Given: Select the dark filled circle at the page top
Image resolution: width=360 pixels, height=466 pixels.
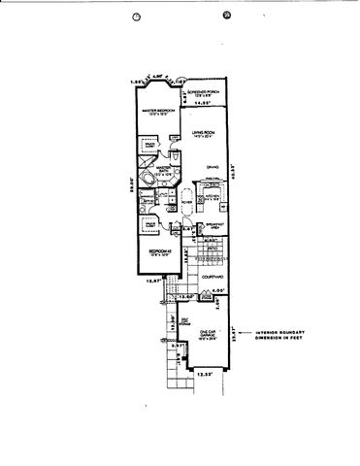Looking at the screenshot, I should tap(226, 15).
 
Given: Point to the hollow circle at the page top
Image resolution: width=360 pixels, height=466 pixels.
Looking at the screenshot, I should tap(137, 16).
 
